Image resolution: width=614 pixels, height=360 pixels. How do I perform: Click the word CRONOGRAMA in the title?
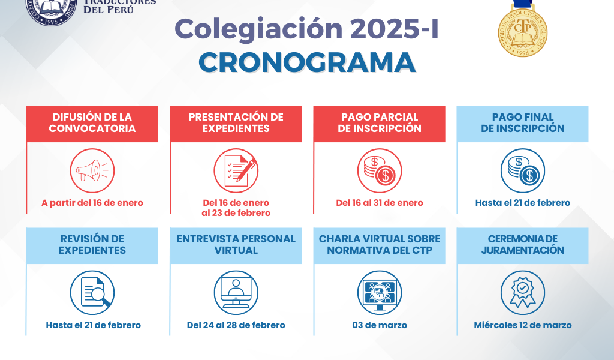click(307, 62)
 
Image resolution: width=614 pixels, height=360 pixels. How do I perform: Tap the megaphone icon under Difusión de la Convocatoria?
click(92, 171)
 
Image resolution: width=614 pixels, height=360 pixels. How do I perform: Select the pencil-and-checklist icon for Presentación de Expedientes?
click(236, 171)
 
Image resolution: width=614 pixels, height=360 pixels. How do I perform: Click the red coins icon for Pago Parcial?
click(380, 171)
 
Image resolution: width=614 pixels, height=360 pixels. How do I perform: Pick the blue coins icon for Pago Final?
click(523, 171)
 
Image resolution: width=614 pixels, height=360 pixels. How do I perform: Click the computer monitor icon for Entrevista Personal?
click(236, 293)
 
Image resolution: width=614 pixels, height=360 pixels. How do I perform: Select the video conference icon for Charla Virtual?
click(380, 293)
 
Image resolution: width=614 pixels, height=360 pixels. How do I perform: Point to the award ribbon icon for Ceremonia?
click(523, 293)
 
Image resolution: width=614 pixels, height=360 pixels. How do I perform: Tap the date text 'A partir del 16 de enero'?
click(92, 203)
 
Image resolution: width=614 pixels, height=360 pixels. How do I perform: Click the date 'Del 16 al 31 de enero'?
click(380, 203)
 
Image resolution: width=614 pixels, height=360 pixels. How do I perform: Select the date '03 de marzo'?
click(380, 325)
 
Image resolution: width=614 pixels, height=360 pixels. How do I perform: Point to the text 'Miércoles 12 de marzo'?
click(523, 325)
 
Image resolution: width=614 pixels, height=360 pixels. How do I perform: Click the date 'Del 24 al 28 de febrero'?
click(236, 325)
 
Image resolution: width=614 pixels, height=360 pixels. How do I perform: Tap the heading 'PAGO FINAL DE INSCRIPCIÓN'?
click(523, 122)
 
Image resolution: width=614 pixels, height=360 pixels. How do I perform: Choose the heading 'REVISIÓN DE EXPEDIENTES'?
click(92, 244)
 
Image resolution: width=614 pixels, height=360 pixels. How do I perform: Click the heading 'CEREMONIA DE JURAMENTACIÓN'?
click(523, 244)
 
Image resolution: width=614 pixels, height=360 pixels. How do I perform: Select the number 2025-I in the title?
click(394, 29)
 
